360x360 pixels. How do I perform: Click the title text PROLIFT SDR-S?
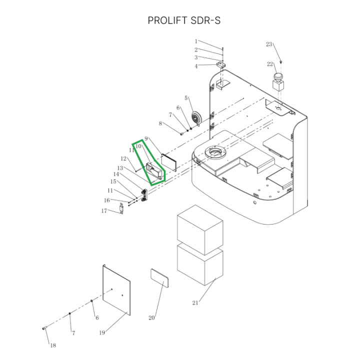click(184, 20)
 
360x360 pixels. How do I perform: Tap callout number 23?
click(269, 44)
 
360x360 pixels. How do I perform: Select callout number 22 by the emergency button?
click(270, 64)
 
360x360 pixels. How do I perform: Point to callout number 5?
click(186, 98)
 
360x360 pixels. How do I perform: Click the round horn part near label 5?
click(196, 118)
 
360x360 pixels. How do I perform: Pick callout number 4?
click(196, 66)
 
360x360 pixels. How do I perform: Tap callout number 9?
click(146, 138)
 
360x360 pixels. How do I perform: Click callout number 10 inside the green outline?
click(138, 146)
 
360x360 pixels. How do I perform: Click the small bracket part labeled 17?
click(121, 208)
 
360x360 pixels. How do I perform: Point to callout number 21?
click(195, 303)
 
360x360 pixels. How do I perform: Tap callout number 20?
click(151, 318)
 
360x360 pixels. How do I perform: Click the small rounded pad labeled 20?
click(159, 278)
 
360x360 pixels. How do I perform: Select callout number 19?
click(102, 332)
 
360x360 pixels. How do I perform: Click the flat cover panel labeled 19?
click(116, 289)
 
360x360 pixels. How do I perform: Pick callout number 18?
click(53, 345)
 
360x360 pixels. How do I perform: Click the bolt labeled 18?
click(44, 328)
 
